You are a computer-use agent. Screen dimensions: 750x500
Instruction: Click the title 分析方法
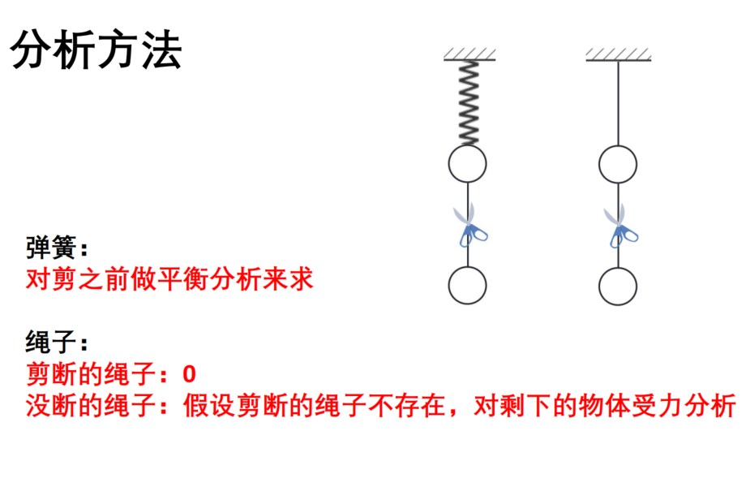coord(96,50)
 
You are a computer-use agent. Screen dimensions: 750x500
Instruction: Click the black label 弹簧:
coord(57,248)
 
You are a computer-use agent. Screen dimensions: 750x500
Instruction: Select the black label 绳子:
coord(57,342)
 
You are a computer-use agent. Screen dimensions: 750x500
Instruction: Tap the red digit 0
coord(189,374)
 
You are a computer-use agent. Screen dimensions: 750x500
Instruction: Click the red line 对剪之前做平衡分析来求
coord(169,278)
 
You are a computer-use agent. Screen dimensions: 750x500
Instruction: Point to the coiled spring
coord(469,103)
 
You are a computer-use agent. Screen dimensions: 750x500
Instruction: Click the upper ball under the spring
coord(467,164)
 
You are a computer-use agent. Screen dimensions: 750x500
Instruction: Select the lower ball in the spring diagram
coord(467,286)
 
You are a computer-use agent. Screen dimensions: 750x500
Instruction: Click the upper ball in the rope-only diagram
coord(618,164)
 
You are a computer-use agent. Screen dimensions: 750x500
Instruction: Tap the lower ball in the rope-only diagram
coord(618,287)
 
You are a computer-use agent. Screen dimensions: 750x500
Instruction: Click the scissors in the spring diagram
coord(469,225)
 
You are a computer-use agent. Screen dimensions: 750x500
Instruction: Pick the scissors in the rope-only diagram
coord(620,226)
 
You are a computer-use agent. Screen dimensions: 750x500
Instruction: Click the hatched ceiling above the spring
coord(469,54)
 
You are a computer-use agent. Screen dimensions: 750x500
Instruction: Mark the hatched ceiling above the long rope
coord(619,54)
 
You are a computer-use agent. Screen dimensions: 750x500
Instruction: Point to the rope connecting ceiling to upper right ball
coord(618,103)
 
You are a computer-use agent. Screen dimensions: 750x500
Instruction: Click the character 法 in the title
coord(161,50)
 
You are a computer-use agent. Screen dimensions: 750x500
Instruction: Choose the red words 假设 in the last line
coord(208,406)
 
